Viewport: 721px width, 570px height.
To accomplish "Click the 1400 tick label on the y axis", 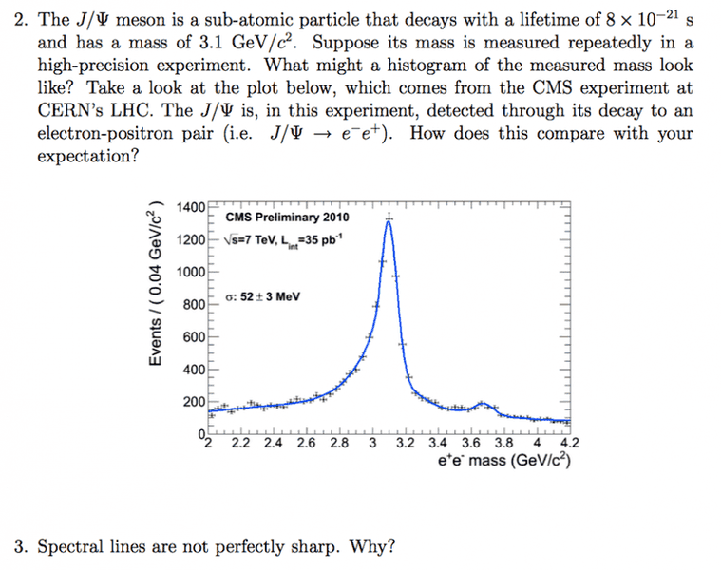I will click(191, 208).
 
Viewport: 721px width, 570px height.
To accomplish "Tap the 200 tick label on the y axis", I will click(194, 403).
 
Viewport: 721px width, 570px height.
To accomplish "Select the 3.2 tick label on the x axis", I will click(406, 443).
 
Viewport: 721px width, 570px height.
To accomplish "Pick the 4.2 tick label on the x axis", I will click(569, 443).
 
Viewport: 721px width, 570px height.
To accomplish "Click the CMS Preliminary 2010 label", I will click(287, 218).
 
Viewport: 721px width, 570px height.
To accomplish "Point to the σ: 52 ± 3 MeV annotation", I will click(263, 296).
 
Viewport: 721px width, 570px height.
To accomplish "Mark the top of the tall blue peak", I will click(389, 221).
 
